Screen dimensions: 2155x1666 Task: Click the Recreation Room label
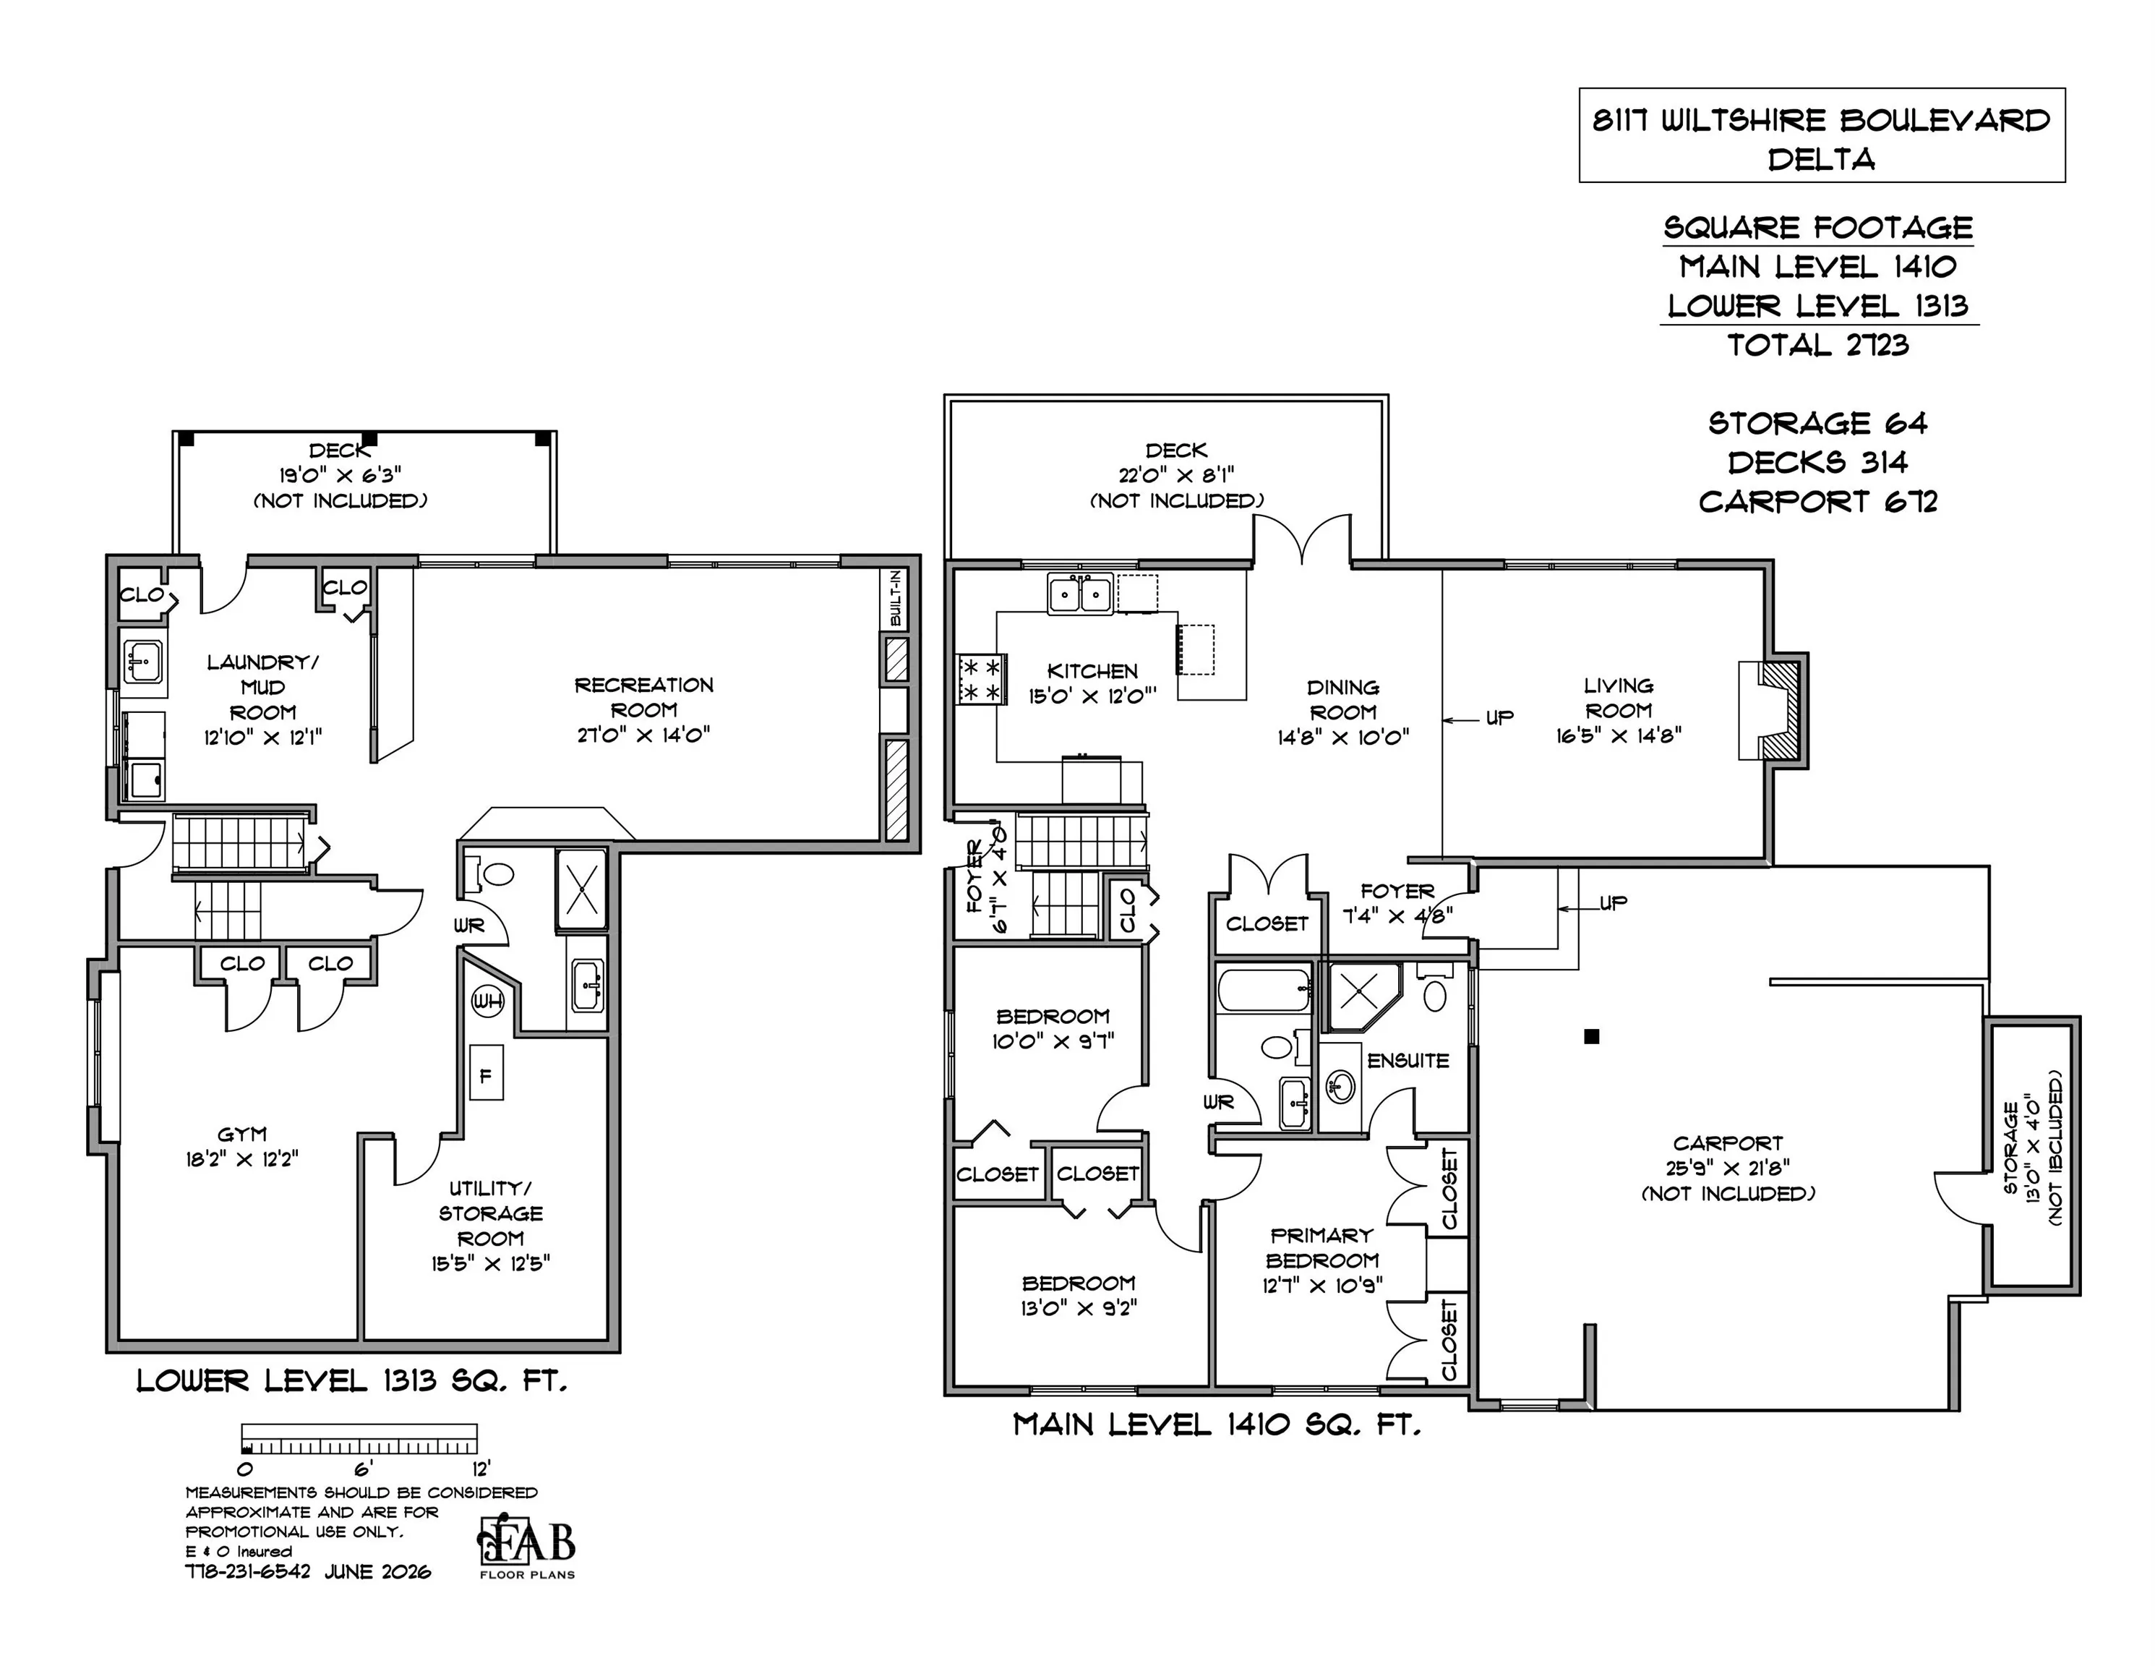644,697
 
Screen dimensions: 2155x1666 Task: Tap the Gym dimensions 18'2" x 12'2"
241,1158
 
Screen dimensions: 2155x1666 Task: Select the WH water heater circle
487,1001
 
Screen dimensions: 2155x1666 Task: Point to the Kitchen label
1092,671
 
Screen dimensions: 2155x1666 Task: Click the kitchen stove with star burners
981,679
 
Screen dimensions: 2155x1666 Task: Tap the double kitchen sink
1081,594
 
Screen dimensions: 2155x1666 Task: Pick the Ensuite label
1408,1060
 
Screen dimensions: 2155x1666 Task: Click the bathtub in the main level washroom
1264,990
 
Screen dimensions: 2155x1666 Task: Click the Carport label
1728,1143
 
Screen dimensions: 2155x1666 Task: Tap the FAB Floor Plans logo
527,1547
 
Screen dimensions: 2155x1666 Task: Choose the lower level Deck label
340,450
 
